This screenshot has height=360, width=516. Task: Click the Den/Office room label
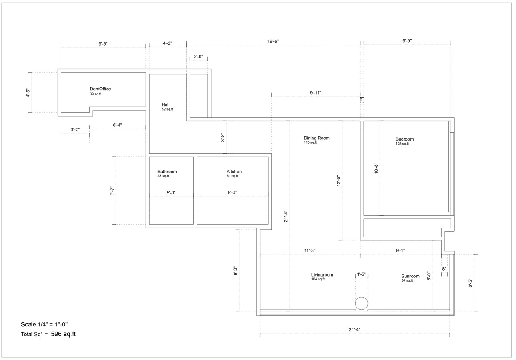click(100, 89)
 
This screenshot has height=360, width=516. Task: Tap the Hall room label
click(166, 105)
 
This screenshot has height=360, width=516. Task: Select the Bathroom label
click(167, 172)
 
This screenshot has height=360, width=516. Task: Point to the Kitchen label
click(234, 172)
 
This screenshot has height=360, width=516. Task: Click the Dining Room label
click(316, 138)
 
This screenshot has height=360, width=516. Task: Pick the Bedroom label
click(405, 139)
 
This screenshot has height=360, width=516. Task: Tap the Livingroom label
click(322, 275)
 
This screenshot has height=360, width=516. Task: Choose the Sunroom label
click(410, 276)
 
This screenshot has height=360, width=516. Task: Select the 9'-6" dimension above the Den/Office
click(103, 44)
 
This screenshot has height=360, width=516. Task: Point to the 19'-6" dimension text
click(273, 41)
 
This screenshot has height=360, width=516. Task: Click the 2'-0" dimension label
click(198, 57)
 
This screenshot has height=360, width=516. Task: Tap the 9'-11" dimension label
click(315, 93)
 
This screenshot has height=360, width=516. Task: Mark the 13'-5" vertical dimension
click(338, 181)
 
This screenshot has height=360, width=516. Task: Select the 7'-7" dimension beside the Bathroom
click(112, 191)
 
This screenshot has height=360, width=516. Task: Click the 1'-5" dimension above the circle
click(361, 274)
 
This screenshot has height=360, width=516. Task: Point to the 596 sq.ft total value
click(63, 334)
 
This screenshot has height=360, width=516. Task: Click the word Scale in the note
click(28, 324)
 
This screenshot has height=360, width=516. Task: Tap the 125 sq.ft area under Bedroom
click(402, 144)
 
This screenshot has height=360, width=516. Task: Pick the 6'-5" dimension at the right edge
click(470, 283)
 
